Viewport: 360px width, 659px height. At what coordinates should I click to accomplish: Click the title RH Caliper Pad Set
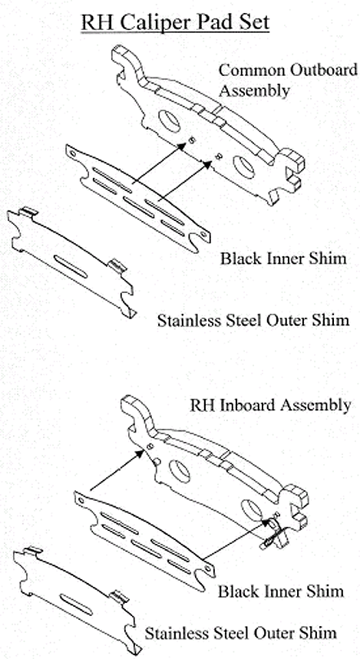click(175, 22)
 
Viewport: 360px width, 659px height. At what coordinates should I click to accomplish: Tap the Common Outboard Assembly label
click(288, 81)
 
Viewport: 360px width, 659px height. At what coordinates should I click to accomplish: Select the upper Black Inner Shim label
click(283, 258)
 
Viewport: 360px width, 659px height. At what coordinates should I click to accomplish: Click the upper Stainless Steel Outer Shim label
click(253, 321)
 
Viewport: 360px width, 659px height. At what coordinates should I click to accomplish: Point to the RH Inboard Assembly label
click(270, 405)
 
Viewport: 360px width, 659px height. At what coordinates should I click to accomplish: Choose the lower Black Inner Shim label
click(280, 591)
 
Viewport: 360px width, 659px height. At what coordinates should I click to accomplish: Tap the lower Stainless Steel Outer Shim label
click(240, 633)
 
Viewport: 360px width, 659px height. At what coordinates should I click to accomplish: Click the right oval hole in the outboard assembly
click(244, 167)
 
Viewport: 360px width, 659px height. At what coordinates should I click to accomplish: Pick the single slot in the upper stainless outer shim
click(71, 266)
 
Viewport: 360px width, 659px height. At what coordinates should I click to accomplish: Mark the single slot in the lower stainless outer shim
click(76, 605)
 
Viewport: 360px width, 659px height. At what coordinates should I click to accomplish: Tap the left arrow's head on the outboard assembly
click(182, 147)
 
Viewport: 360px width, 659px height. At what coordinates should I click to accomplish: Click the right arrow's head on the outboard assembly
click(207, 164)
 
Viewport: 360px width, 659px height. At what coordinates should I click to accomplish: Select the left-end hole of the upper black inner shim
click(73, 153)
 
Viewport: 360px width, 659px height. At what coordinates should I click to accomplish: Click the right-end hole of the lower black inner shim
click(207, 569)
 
